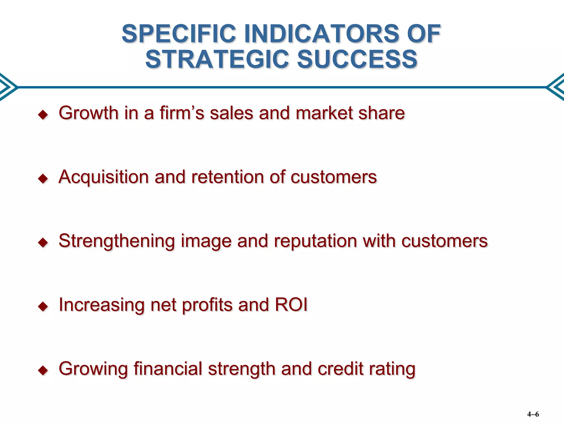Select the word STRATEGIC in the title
(x=217, y=59)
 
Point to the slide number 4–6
(x=533, y=414)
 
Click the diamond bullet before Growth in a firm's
(x=43, y=115)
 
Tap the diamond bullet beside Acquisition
(x=43, y=178)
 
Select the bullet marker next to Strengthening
(x=43, y=243)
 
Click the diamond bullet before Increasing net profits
(x=43, y=306)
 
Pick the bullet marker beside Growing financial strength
(x=43, y=370)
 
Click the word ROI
(x=291, y=305)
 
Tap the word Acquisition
(x=104, y=177)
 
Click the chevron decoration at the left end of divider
(x=8, y=87)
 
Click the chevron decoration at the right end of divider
(x=556, y=87)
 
